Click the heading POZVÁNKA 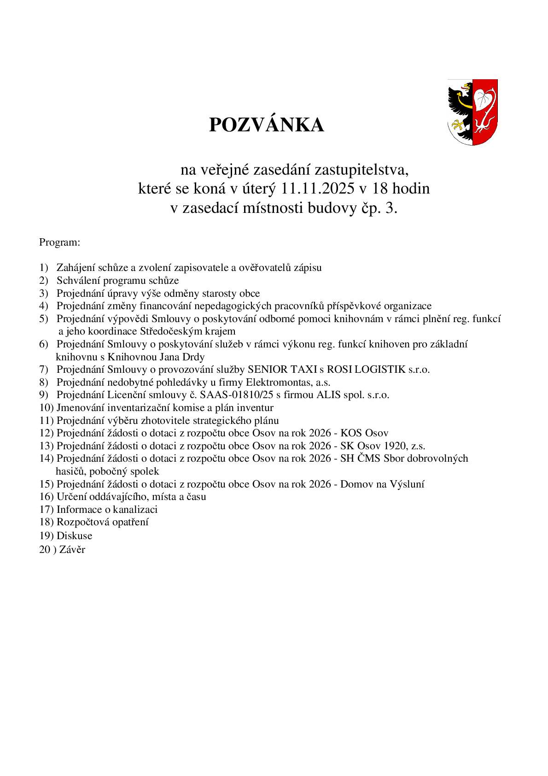pos(266,125)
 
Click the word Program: pos(60,242)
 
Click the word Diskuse pos(74,536)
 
